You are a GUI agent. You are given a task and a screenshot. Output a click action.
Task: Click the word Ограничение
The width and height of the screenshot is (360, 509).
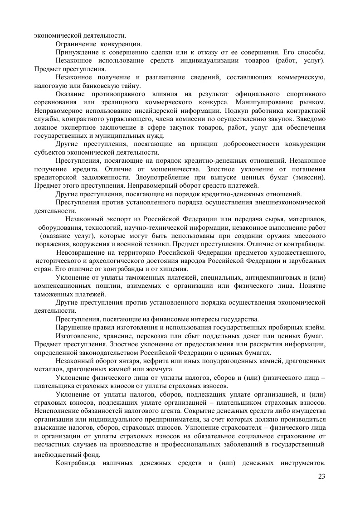click(75, 44)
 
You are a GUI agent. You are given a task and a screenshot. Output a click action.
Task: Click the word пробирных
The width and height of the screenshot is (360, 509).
click(279, 327)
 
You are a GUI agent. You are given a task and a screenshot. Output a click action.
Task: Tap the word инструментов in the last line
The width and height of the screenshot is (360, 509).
click(296, 463)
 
